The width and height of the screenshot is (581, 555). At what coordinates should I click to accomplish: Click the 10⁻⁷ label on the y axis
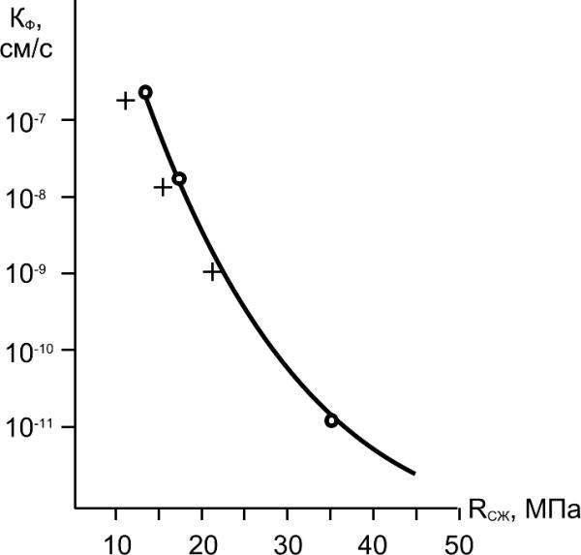click(28, 122)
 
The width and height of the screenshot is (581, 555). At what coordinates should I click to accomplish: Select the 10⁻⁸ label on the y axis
click(28, 199)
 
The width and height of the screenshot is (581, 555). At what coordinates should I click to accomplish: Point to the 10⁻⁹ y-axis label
click(28, 275)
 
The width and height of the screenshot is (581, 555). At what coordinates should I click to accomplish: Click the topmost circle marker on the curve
click(145, 92)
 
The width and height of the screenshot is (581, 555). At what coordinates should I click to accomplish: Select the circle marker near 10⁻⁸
click(179, 178)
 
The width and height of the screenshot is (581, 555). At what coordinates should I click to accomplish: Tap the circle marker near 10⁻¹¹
click(331, 420)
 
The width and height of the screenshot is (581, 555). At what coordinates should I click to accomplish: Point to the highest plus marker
click(126, 100)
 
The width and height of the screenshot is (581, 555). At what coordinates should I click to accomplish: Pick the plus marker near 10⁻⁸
click(163, 187)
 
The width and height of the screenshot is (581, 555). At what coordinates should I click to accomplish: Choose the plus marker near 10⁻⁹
click(213, 271)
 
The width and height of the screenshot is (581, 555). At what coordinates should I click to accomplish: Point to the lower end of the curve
click(414, 474)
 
